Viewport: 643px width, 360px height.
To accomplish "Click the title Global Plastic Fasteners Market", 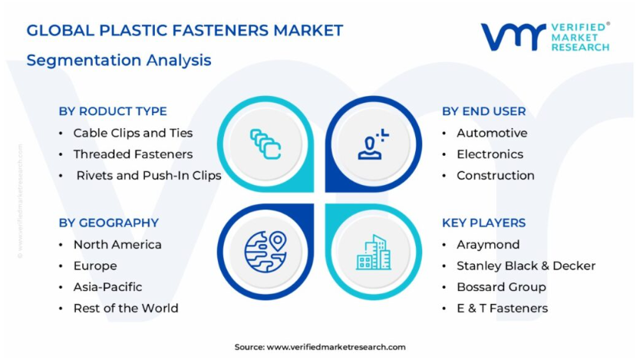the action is click(x=185, y=31).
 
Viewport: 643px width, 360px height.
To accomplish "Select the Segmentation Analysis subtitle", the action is click(x=119, y=61).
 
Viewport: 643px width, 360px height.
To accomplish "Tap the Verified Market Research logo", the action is click(x=546, y=37).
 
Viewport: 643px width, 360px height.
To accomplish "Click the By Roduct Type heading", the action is click(x=113, y=111).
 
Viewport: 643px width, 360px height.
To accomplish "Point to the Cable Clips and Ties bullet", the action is click(x=133, y=133).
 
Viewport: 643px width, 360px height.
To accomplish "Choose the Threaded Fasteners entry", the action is click(x=133, y=154).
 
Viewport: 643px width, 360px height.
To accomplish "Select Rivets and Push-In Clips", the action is click(x=149, y=176).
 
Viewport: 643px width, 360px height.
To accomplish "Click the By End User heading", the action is click(x=484, y=111).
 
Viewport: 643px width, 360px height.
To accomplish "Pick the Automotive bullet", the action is click(x=492, y=133).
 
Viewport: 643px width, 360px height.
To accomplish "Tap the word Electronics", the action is click(x=490, y=154).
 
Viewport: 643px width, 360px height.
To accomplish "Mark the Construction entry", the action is click(x=496, y=176).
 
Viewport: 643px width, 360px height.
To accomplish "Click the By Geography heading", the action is click(x=109, y=223).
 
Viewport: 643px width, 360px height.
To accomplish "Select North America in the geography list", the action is click(x=117, y=244).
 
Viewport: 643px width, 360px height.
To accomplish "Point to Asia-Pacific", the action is click(x=108, y=287).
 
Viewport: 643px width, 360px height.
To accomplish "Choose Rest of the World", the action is click(x=126, y=309).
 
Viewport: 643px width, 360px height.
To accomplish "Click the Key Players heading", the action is click(x=484, y=223).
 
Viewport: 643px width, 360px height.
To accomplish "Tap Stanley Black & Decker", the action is click(x=526, y=266).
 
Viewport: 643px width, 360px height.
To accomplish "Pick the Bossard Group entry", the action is click(x=502, y=287).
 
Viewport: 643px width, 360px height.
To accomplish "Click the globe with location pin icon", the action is click(x=265, y=252).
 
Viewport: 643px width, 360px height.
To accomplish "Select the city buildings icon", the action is click(x=374, y=253).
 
